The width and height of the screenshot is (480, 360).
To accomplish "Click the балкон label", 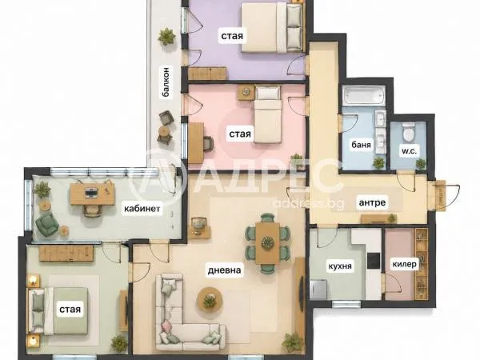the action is pos(166,82).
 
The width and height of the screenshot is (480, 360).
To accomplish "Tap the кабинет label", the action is pos(142,209).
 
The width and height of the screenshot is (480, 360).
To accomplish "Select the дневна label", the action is pos(224,270).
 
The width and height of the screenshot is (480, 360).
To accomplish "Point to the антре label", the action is pos(372,202).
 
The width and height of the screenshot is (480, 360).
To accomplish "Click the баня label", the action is pos(362,144).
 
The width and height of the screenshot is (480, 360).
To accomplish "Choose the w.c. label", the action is pos(410,151).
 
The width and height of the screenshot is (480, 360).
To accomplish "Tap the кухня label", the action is pos(340,266).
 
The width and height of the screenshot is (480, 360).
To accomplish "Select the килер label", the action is pos(404,264).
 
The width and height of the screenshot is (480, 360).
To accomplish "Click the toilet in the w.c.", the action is pos(408,132).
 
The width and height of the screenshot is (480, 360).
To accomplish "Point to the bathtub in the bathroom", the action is pos(364,96).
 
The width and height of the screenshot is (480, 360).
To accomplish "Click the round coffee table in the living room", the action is pos(210,299).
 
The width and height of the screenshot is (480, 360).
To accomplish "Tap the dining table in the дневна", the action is pos(267,242).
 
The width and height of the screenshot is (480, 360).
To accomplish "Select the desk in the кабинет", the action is pos(93,194).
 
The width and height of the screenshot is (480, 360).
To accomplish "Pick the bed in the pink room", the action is pos(268,114).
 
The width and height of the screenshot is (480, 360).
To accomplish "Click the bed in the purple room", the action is pos(272,27).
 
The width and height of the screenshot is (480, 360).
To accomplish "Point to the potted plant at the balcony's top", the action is pos(167,36).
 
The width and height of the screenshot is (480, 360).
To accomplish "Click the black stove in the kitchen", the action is pos(374,260).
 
